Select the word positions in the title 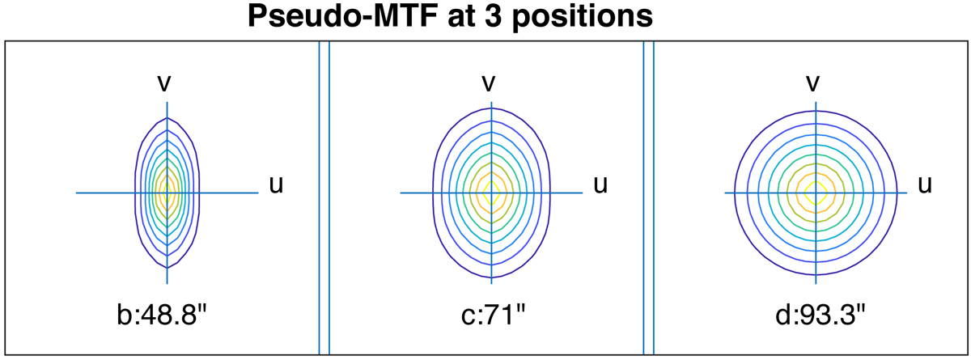pyautogui.click(x=583, y=18)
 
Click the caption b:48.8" pyautogui.click(x=162, y=315)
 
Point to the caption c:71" pyautogui.click(x=493, y=315)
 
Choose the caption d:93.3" pyautogui.click(x=820, y=315)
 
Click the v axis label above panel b pyautogui.click(x=164, y=83)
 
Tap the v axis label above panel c pyautogui.click(x=489, y=83)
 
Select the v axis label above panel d pyautogui.click(x=812, y=83)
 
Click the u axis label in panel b pyautogui.click(x=276, y=185)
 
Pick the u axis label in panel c pyautogui.click(x=600, y=185)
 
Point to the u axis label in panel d pyautogui.click(x=925, y=185)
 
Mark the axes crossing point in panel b pyautogui.click(x=167, y=193)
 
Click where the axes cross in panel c pyautogui.click(x=492, y=193)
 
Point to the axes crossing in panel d pyautogui.click(x=816, y=193)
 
